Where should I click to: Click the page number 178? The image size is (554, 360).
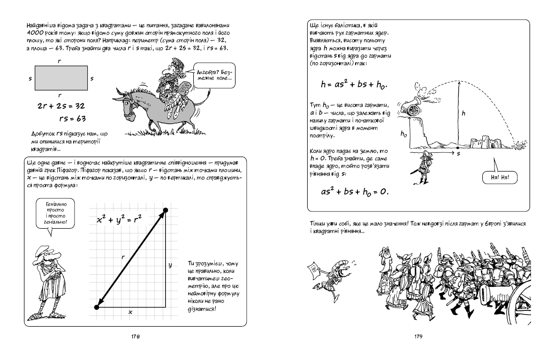137,336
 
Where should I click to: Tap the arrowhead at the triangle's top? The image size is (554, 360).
164,211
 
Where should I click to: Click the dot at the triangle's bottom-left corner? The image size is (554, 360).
97,307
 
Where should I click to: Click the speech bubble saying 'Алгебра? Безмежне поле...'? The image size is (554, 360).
213,76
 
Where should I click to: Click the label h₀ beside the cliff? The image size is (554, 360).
403,134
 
